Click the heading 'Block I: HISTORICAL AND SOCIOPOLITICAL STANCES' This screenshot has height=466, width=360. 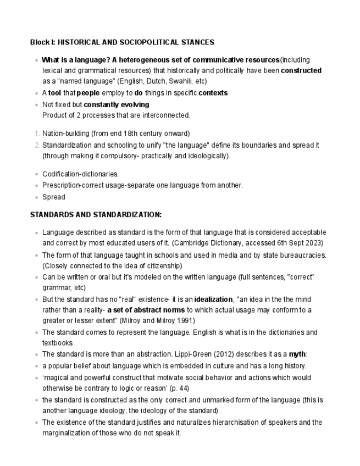point(122,42)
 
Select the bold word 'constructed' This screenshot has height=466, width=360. point(301,70)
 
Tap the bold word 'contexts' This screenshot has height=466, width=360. point(213,93)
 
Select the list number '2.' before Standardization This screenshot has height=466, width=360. point(36,145)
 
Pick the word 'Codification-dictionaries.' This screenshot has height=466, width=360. point(80,174)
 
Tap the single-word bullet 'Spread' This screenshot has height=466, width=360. point(53,197)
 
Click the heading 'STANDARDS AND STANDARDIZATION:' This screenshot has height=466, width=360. point(96,214)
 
